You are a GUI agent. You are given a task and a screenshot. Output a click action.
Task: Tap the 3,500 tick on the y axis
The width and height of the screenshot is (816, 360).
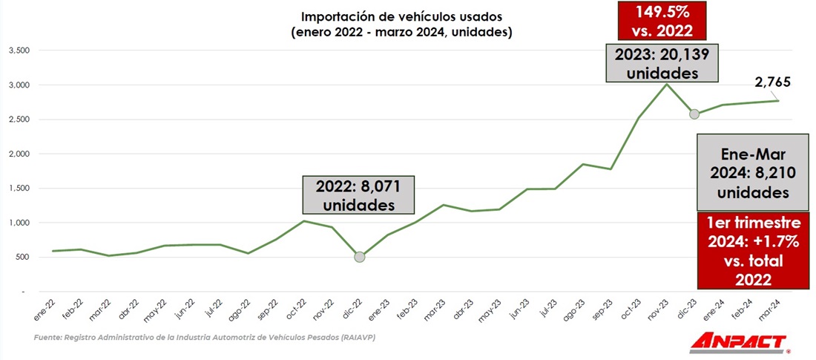click(18, 50)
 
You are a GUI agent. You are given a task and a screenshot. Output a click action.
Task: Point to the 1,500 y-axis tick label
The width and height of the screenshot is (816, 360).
click(18, 189)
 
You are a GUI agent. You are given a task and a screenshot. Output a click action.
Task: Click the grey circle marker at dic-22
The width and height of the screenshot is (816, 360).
click(360, 257)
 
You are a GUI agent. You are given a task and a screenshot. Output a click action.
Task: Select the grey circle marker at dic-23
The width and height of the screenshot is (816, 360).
click(694, 114)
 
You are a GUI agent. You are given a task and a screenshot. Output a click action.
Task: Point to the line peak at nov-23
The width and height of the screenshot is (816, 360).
click(666, 84)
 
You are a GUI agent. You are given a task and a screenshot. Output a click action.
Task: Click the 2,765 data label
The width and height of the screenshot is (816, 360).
click(772, 80)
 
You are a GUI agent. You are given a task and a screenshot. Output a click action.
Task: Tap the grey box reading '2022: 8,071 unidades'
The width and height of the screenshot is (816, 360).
click(358, 195)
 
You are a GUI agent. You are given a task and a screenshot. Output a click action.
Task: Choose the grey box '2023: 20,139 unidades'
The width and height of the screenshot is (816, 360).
click(662, 63)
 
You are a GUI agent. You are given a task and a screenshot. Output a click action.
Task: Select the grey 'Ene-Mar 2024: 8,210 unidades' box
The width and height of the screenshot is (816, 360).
click(753, 171)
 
